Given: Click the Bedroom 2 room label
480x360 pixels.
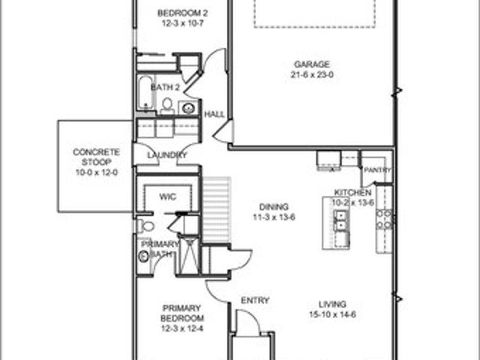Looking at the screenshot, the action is coord(182,13).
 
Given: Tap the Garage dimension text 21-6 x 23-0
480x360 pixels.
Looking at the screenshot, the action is coord(312,75).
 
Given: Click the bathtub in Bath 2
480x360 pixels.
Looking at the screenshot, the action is coord(145,93).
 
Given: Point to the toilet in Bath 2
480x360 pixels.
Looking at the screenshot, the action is coord(167,106).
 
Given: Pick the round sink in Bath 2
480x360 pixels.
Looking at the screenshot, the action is coord(187,108).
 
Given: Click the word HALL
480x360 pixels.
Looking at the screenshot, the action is coord(214,115).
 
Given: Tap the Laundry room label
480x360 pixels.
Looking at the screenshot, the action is coord(167,155).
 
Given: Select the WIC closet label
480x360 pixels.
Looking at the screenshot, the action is coord(168,196).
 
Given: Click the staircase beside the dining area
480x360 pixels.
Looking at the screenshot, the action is coord(217,210).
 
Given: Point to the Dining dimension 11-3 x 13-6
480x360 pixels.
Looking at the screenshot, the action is coord(274,217).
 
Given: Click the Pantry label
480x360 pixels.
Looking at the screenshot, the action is coord(378,170).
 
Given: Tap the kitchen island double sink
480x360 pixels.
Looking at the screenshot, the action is coord(341,220).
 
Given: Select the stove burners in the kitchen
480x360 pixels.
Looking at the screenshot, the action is coord(385,220).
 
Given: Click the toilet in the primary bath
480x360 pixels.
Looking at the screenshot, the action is coord(145,226).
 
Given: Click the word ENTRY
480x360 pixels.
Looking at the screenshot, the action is coord(255,301).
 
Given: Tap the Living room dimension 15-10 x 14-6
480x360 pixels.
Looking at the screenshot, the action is coord(333,315).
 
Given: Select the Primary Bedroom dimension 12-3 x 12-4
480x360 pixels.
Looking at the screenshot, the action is coord(182,328).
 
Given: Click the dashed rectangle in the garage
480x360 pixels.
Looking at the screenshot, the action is coord(315,14).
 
